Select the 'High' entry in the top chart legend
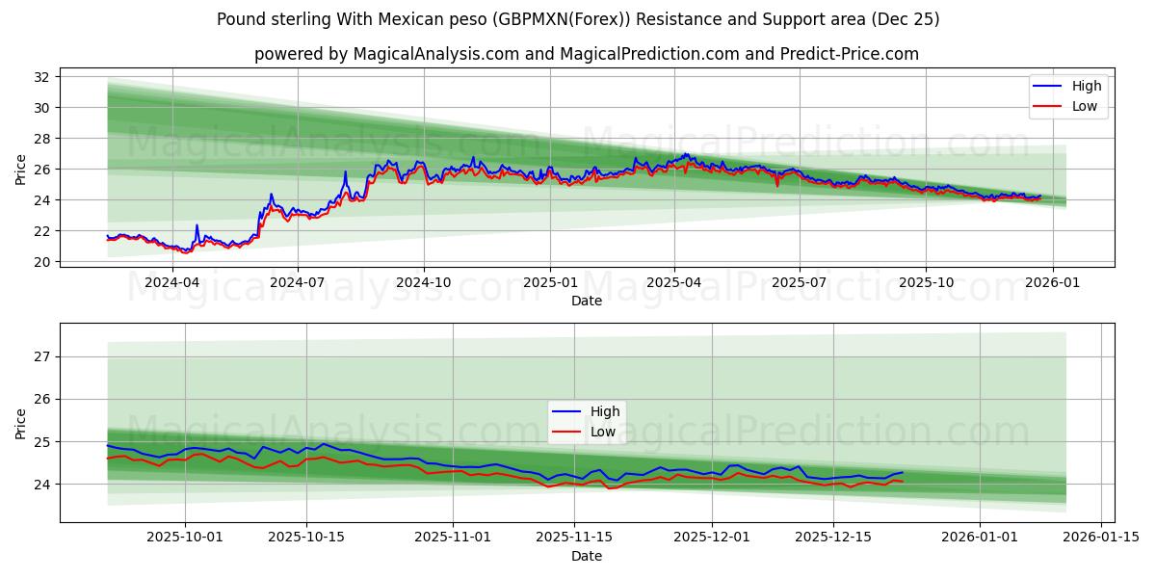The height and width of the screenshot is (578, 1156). tap(1087, 86)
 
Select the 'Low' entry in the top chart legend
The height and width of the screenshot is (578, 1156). tap(1085, 106)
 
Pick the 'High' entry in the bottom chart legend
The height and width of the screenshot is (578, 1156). tap(605, 411)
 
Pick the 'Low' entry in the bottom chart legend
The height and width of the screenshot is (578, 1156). tap(603, 432)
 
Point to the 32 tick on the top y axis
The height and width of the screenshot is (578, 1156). tap(41, 76)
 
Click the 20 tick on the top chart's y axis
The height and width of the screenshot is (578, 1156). tap(41, 262)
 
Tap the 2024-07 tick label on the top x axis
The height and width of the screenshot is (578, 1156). tap(297, 282)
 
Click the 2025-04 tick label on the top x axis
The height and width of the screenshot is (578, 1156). tap(673, 282)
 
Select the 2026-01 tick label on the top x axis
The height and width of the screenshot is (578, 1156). tap(1052, 282)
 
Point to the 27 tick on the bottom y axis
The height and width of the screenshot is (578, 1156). tap(41, 356)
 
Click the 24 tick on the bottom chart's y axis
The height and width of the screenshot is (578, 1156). tap(41, 484)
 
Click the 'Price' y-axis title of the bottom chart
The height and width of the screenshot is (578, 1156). tap(21, 423)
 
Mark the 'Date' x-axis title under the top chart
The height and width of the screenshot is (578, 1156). tap(586, 301)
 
